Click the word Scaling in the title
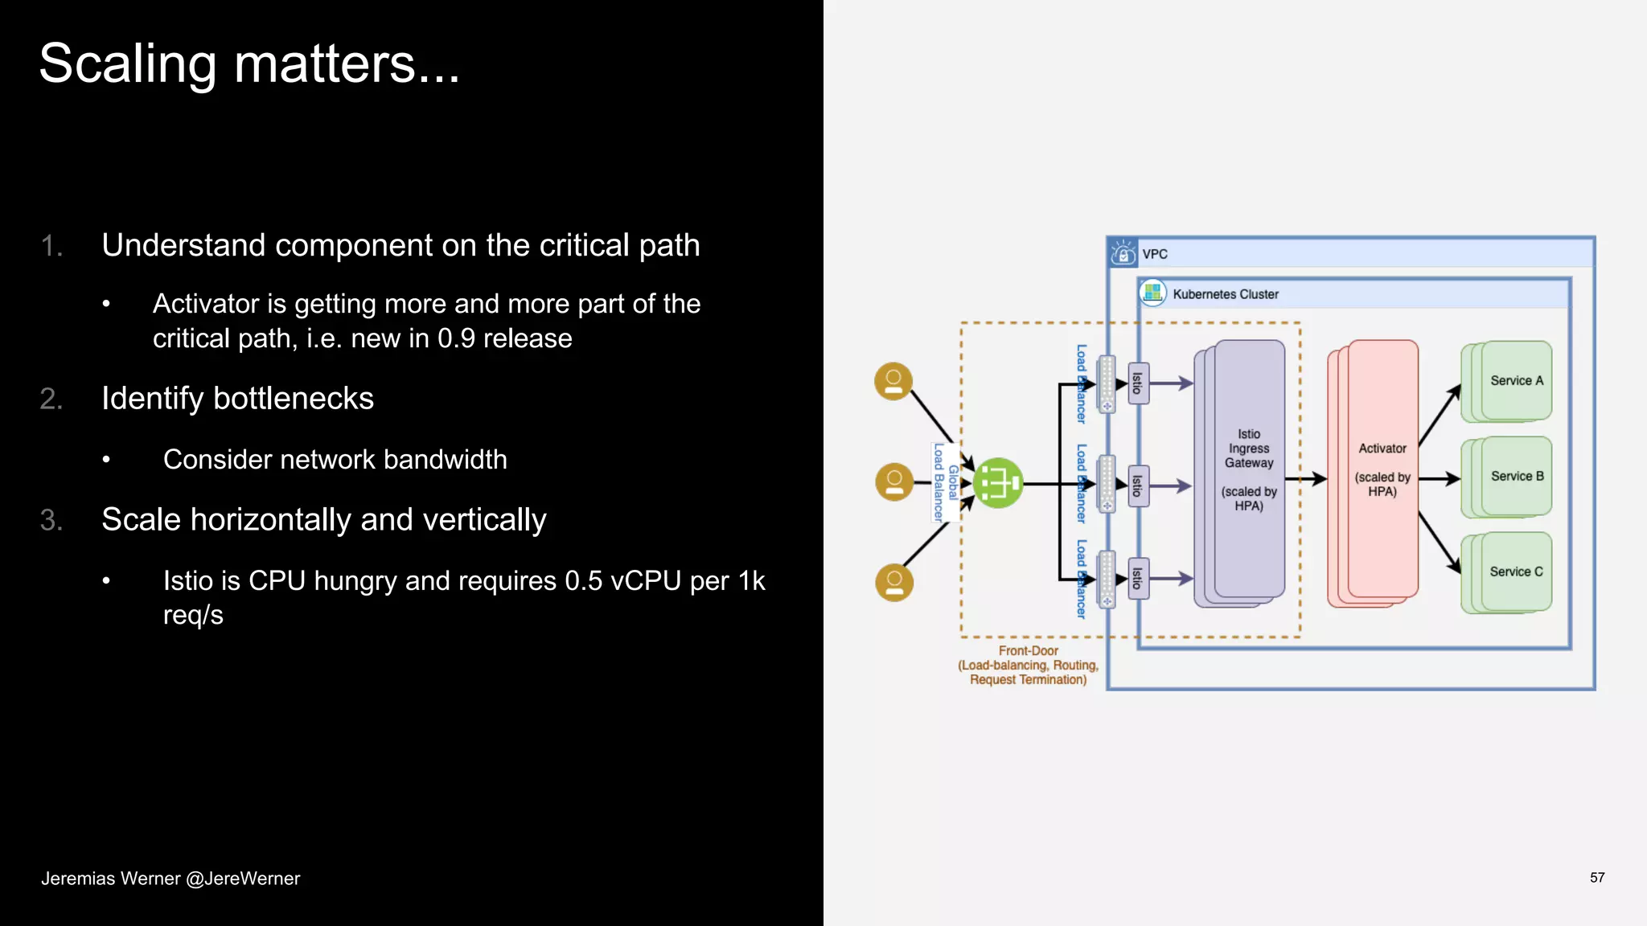(x=127, y=64)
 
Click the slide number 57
(x=1596, y=878)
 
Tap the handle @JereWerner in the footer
(x=243, y=879)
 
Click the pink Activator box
(x=1382, y=470)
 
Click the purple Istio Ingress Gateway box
(x=1248, y=470)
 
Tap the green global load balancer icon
(x=998, y=483)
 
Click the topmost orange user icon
(x=893, y=381)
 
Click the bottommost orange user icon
(x=893, y=583)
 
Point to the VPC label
(x=1155, y=254)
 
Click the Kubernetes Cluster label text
(x=1225, y=294)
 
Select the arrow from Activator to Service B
(x=1440, y=479)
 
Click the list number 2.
(x=51, y=399)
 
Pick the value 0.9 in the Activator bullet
(x=456, y=338)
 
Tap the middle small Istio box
(x=1137, y=485)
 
